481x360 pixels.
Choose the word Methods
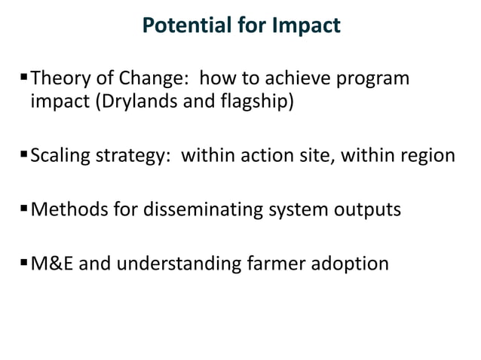(66, 209)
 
